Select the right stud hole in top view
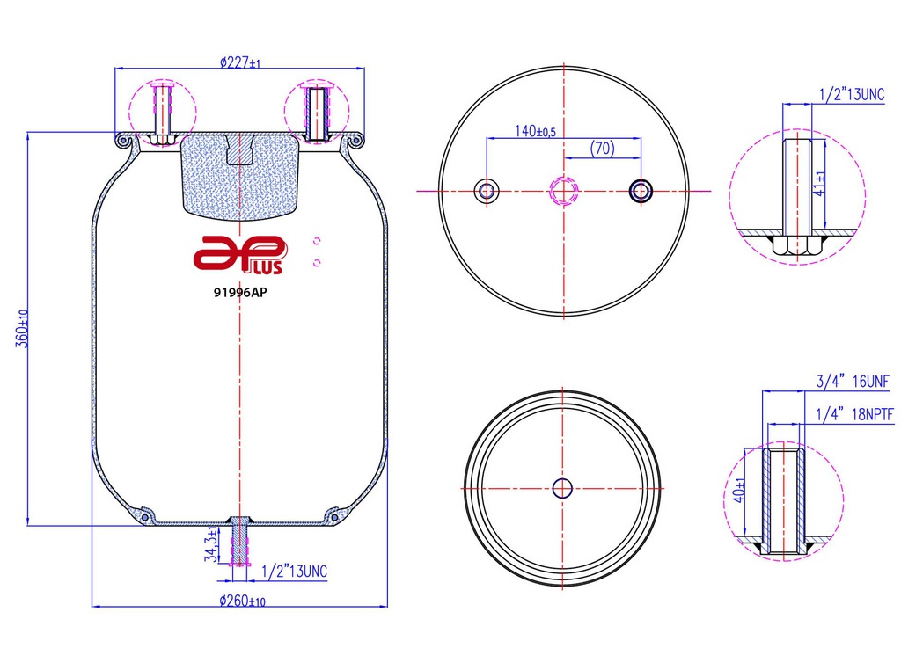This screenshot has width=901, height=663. tap(641, 190)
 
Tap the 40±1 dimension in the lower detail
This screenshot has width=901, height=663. tap(742, 490)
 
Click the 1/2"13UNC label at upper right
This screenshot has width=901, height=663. tap(851, 93)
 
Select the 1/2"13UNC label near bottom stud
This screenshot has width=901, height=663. tap(294, 572)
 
